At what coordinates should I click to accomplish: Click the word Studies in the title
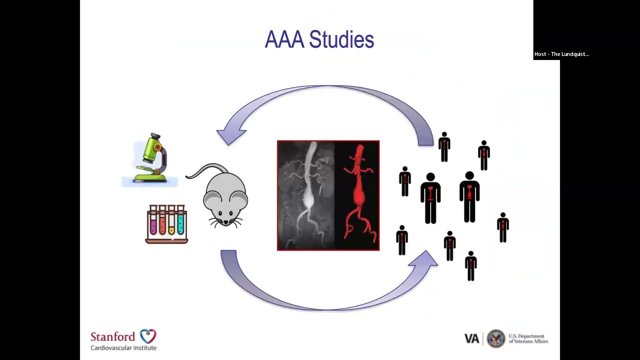(341, 39)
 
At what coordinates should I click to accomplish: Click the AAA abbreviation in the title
(284, 39)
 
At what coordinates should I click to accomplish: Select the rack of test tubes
(166, 224)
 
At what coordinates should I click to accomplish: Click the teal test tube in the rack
(180, 220)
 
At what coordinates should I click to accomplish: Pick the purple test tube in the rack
(153, 220)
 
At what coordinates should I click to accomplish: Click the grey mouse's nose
(225, 222)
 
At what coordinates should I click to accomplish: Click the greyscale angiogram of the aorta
(305, 195)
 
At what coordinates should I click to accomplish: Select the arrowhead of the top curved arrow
(230, 136)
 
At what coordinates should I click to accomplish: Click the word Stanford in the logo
(113, 336)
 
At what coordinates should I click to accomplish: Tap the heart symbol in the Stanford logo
(148, 336)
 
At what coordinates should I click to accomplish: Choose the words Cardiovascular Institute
(123, 347)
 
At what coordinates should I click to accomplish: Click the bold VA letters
(471, 339)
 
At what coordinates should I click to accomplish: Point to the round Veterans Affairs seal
(496, 338)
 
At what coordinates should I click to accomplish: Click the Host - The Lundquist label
(561, 54)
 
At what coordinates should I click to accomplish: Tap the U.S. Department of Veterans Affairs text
(528, 338)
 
